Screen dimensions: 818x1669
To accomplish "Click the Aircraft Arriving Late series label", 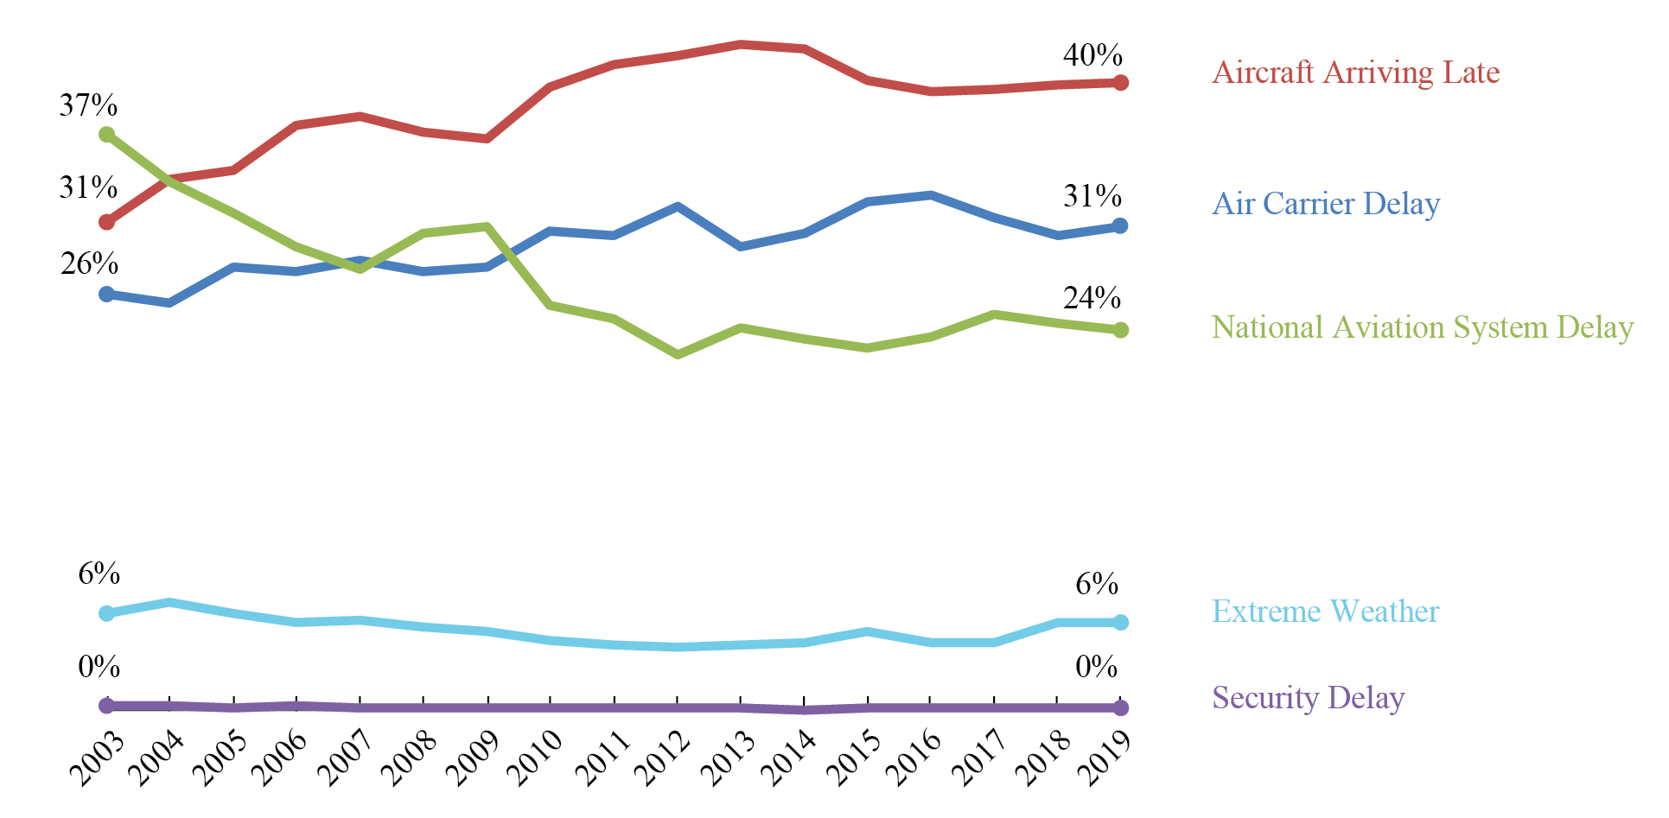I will [x=1355, y=73].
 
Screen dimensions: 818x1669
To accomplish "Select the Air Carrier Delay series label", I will [x=1326, y=204].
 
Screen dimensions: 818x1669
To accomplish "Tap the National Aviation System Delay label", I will [x=1422, y=327].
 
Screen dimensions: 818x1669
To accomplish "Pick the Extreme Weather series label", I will [x=1325, y=612].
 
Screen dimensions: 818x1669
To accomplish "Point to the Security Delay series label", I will [x=1308, y=697].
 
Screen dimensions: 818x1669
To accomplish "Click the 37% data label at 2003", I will [x=88, y=105].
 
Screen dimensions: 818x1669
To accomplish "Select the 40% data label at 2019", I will [x=1092, y=55].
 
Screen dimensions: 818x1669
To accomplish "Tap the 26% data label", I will [x=89, y=263].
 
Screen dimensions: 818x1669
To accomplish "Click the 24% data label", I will [x=1092, y=298].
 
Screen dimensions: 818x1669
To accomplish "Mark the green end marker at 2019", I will [x=1121, y=330].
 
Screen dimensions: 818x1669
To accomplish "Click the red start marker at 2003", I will [x=107, y=223].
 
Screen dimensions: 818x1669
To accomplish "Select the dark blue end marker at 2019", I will [x=1121, y=225].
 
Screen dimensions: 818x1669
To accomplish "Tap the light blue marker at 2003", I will [x=107, y=613].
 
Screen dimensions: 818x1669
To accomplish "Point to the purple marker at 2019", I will [x=1121, y=707].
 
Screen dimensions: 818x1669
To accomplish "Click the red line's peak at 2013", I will [x=741, y=44].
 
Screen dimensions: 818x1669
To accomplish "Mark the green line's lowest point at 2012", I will [x=678, y=354].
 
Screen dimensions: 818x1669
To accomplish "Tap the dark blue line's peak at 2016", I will [x=931, y=195].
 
